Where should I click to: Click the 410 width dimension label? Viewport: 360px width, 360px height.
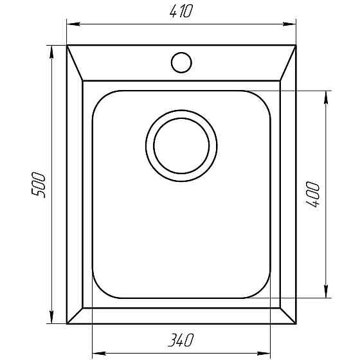(182, 12)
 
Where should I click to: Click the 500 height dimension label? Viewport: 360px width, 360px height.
(38, 185)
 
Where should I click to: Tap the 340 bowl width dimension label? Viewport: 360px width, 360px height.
(182, 339)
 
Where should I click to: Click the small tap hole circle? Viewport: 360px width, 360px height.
(181, 62)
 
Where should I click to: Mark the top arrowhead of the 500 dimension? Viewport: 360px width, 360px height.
(51, 50)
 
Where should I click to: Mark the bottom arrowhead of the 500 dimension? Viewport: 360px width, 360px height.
(51, 319)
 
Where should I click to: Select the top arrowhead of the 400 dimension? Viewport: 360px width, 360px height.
(327, 95)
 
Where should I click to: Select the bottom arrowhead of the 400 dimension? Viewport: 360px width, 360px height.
(327, 294)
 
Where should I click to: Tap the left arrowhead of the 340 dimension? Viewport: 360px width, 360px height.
(97, 352)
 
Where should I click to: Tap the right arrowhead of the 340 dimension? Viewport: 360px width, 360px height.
(267, 352)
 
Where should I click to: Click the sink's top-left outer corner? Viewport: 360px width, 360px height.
(67, 46)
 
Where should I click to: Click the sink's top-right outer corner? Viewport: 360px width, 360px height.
(296, 46)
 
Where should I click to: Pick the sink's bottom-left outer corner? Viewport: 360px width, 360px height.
(67, 324)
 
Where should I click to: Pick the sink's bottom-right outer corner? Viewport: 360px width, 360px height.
(296, 324)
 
